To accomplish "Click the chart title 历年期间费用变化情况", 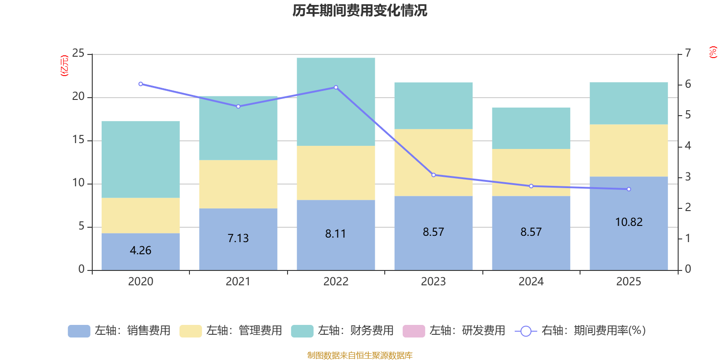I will [x=360, y=10].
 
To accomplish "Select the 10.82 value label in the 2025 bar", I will [x=629, y=222].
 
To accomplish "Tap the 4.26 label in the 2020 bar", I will [x=140, y=250].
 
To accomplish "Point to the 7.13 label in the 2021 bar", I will [x=238, y=238].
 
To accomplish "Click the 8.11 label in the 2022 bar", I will [x=336, y=234].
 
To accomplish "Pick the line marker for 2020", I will [x=141, y=84].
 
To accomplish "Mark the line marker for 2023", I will [x=433, y=175].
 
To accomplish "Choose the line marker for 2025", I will [x=629, y=189].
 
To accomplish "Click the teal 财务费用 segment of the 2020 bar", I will [x=140, y=159].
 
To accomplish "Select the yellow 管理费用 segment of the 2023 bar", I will [x=433, y=162].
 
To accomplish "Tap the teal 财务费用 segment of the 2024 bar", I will [x=531, y=128].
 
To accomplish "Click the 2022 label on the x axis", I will [x=336, y=281].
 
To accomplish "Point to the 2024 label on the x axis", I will [x=531, y=281].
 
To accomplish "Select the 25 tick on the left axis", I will [x=78, y=53].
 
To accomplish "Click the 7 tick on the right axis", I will [x=688, y=53].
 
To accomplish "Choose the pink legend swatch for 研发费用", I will [x=414, y=331].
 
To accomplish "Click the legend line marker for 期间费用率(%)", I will [x=526, y=331].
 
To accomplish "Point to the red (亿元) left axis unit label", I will [x=64, y=65].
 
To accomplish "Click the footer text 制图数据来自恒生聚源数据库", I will [x=360, y=355].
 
